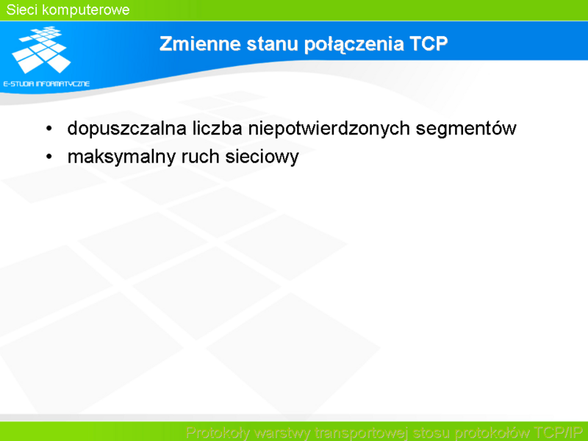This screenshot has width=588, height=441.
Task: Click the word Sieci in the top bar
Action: pyautogui.click(x=22, y=10)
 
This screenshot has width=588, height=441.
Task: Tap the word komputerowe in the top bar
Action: pyautogui.click(x=86, y=10)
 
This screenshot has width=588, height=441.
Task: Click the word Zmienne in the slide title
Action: pyautogui.click(x=200, y=43)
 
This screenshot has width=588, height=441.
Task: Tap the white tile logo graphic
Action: pyautogui.click(x=42, y=49)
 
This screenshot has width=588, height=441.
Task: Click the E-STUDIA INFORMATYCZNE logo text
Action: pyautogui.click(x=46, y=84)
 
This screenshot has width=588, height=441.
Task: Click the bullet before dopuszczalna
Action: pyautogui.click(x=49, y=129)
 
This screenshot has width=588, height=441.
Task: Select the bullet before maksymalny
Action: pyautogui.click(x=49, y=157)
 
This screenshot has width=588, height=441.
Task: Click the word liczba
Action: pyautogui.click(x=217, y=128)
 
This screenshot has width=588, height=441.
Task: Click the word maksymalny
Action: pyautogui.click(x=121, y=157)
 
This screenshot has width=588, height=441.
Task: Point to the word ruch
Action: pyautogui.click(x=200, y=157)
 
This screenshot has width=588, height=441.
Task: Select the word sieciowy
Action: pyautogui.click(x=262, y=157)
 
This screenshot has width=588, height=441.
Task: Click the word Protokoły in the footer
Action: pyautogui.click(x=218, y=432)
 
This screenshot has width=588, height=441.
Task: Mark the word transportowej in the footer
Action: pyautogui.click(x=361, y=433)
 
